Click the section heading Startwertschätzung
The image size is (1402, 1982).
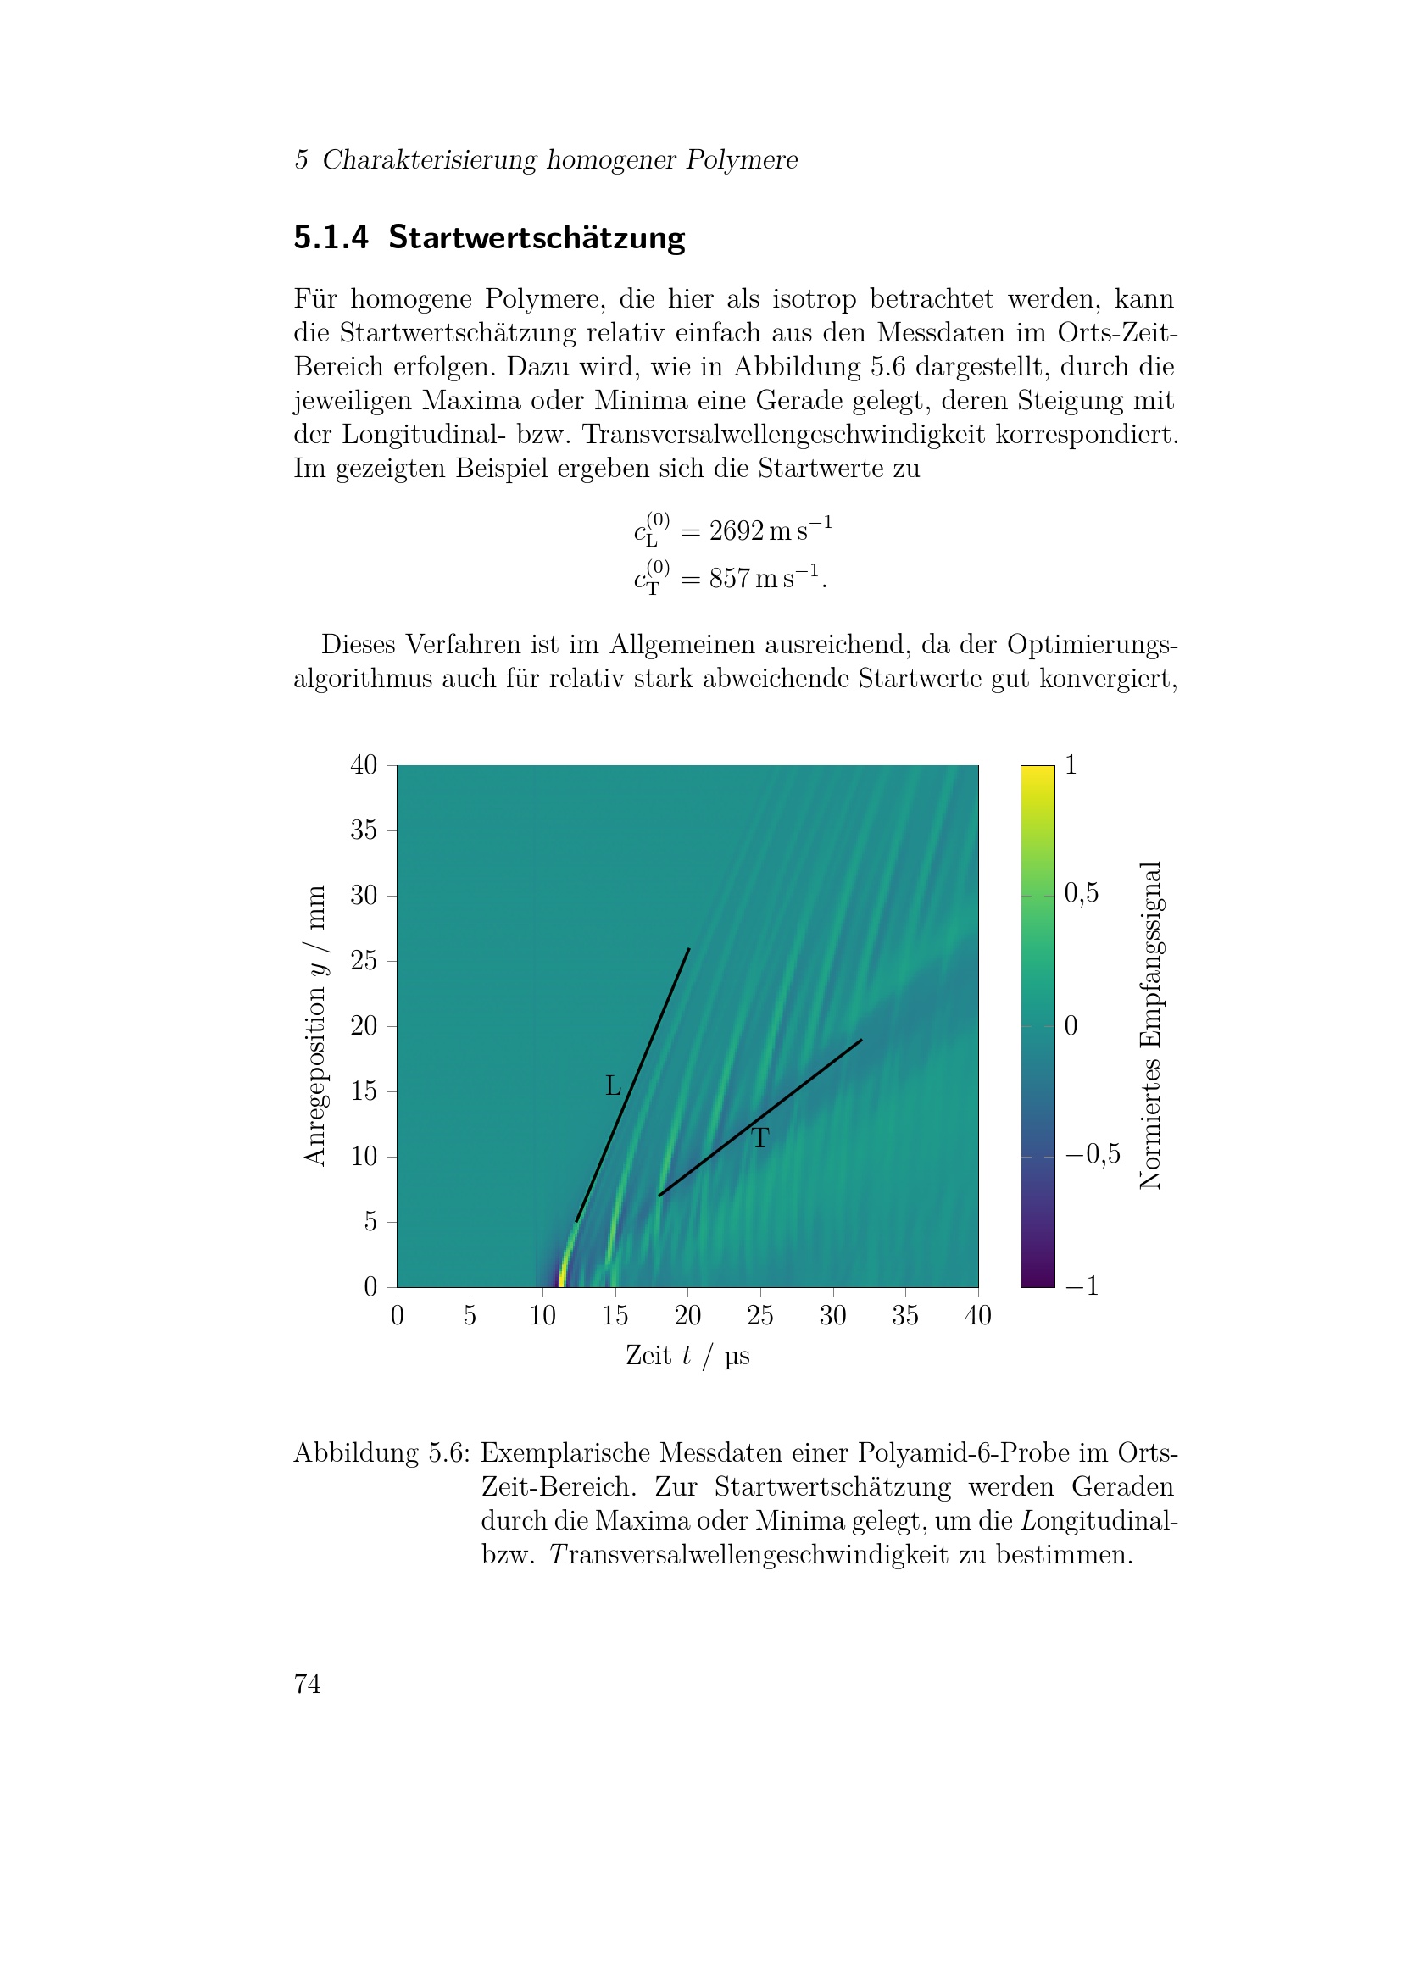[x=536, y=237]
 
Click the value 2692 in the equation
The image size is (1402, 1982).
[x=737, y=531]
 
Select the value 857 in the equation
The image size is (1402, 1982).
[x=730, y=579]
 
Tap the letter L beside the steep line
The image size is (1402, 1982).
[x=613, y=1086]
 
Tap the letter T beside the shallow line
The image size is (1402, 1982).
[x=759, y=1139]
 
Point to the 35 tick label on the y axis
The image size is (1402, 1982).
[x=364, y=830]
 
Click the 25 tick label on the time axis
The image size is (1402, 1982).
[x=759, y=1316]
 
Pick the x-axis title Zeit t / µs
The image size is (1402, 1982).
[x=687, y=1355]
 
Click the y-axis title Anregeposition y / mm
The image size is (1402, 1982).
[x=316, y=1025]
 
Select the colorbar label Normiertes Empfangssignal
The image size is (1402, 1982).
[x=1151, y=1025]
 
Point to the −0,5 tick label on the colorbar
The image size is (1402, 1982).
[x=1092, y=1155]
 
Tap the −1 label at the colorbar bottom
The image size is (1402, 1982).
[x=1082, y=1286]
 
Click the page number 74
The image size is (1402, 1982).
[x=308, y=1685]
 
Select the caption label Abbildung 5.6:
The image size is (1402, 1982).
[x=381, y=1454]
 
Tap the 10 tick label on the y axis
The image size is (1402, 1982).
[x=364, y=1157]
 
